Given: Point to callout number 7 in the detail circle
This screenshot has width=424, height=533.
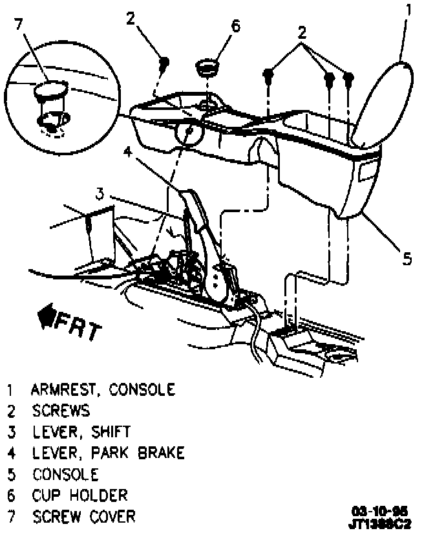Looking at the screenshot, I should [x=19, y=24].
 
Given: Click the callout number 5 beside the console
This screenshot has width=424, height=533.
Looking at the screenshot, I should [x=406, y=259].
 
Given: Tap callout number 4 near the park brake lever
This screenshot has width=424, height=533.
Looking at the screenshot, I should [x=128, y=152].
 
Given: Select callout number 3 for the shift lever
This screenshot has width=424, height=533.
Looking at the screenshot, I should [x=100, y=193].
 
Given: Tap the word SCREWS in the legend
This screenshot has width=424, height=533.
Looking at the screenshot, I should [x=61, y=411].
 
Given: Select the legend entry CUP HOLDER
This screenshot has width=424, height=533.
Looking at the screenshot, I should [x=80, y=495].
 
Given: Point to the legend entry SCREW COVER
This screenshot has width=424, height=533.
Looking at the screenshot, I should [x=84, y=517].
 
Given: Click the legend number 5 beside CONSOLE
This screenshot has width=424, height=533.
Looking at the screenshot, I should [x=11, y=474].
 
